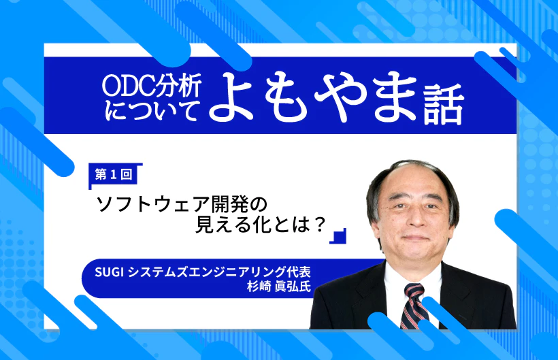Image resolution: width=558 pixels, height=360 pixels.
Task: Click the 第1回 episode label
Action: [114, 175]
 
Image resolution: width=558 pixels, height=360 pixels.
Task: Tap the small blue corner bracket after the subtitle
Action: [338, 235]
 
